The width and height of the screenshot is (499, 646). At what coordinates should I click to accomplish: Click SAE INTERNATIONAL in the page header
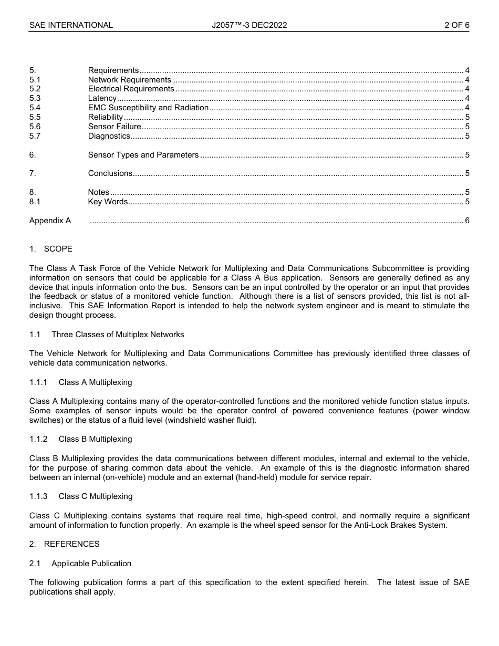(71, 25)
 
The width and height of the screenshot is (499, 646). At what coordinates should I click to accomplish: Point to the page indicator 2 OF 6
(456, 25)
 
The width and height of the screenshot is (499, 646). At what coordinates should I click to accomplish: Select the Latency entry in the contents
(102, 98)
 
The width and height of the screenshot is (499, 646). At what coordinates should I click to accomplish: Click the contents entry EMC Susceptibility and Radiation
(148, 108)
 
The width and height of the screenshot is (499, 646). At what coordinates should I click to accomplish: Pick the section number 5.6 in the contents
(35, 127)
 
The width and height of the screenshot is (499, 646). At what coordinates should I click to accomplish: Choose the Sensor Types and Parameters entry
(143, 155)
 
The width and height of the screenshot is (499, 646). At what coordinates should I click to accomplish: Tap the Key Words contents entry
(108, 202)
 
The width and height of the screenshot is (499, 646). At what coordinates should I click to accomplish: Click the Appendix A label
(50, 221)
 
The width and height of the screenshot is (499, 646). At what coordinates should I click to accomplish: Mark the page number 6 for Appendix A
(467, 221)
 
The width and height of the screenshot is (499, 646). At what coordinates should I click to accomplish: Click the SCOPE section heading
(58, 249)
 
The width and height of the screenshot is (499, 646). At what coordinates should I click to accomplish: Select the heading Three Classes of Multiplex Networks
(118, 335)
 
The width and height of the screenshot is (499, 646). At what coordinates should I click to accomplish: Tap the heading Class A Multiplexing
(95, 382)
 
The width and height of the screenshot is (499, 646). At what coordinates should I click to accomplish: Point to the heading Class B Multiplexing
(95, 439)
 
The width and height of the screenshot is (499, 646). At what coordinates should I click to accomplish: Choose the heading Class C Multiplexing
(95, 496)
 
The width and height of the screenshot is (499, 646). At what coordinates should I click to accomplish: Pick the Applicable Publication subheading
(91, 564)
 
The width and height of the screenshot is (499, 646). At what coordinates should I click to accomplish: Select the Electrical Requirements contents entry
(131, 89)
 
